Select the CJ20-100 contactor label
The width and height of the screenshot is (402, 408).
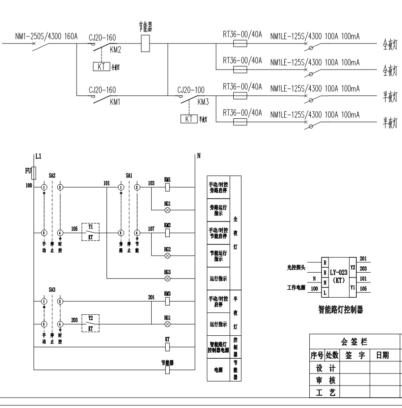191,90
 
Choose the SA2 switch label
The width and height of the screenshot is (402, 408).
52,176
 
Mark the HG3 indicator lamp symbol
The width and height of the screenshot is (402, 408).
167,278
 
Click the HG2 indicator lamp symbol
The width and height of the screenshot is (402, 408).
167,255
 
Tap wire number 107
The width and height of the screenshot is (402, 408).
151,229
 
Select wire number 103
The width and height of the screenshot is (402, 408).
151,183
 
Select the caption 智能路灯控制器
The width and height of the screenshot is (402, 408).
340,309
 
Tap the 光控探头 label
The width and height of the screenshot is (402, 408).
296,268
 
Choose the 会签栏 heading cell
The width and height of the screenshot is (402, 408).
354,342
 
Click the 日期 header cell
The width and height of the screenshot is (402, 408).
382,356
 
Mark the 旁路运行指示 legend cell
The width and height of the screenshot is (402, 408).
218,210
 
